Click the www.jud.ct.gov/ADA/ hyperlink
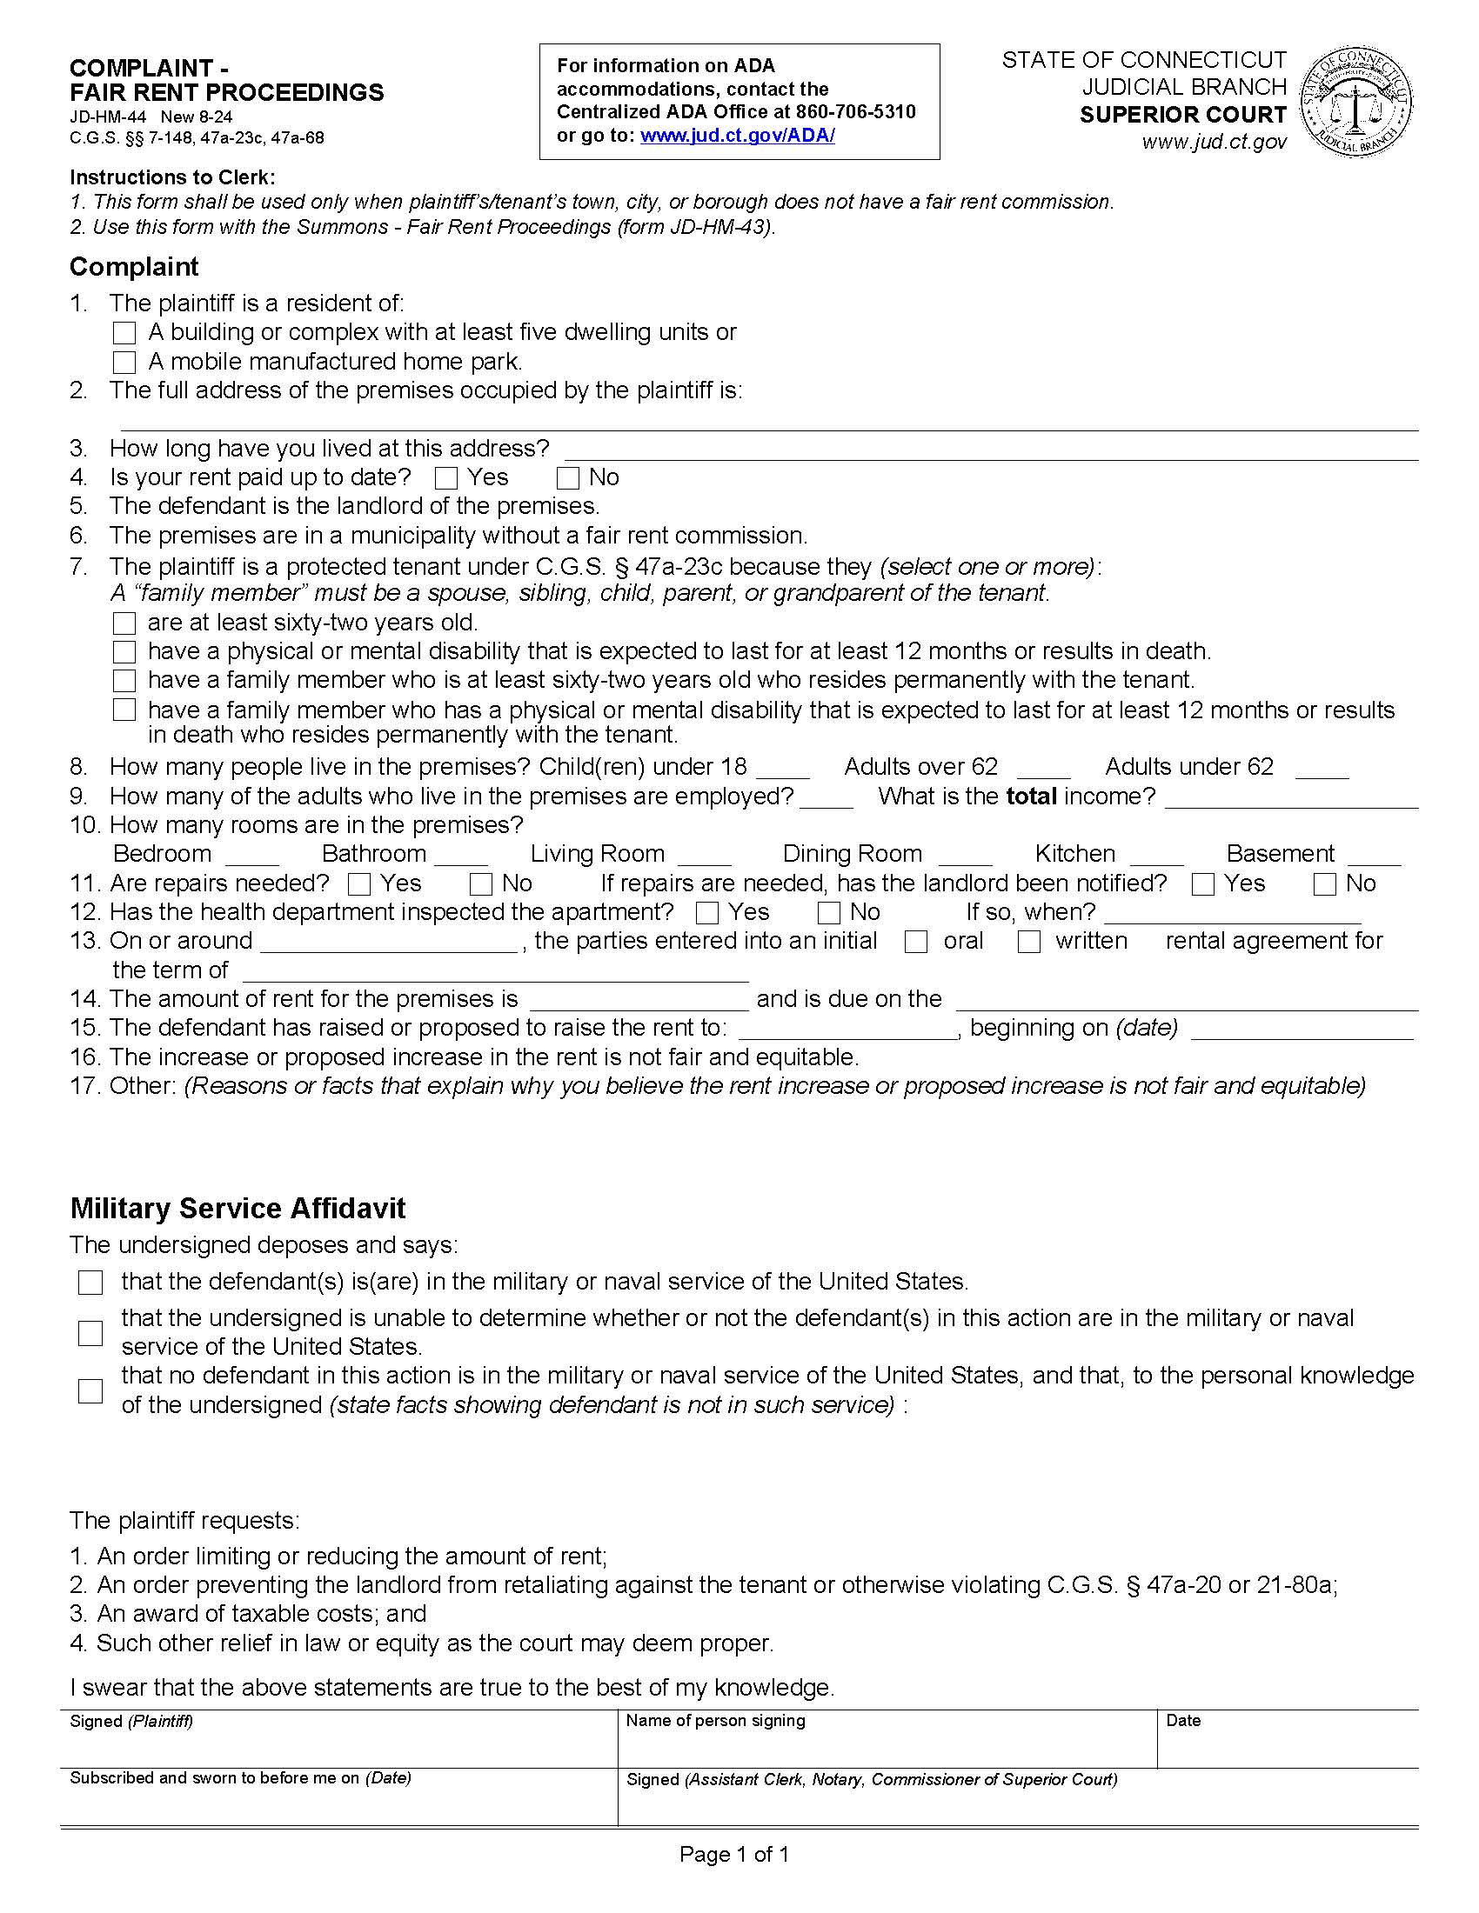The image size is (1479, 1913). pyautogui.click(x=737, y=136)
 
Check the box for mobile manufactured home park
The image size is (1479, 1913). pyautogui.click(x=125, y=362)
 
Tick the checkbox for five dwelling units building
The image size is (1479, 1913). pyautogui.click(x=125, y=333)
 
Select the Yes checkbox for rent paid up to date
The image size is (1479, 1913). pyautogui.click(x=446, y=478)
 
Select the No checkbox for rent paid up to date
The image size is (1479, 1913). pyautogui.click(x=568, y=478)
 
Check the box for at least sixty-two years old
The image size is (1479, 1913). pyautogui.click(x=125, y=623)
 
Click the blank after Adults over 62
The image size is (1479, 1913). pyautogui.click(x=1042, y=769)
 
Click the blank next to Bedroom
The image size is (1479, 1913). pyautogui.click(x=252, y=856)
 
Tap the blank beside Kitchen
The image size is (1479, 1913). pyautogui.click(x=1156, y=856)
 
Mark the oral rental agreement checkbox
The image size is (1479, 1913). pyautogui.click(x=916, y=943)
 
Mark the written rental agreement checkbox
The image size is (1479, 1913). pyautogui.click(x=1029, y=943)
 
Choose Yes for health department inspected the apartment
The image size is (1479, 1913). pyautogui.click(x=706, y=914)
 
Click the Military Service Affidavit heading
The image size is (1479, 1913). pyautogui.click(x=238, y=1209)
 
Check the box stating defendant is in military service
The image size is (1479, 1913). pyautogui.click(x=90, y=1283)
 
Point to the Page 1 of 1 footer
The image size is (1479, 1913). pyautogui.click(x=734, y=1855)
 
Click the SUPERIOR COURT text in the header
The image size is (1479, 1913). pyautogui.click(x=1182, y=115)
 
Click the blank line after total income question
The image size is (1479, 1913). pyautogui.click(x=1291, y=799)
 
